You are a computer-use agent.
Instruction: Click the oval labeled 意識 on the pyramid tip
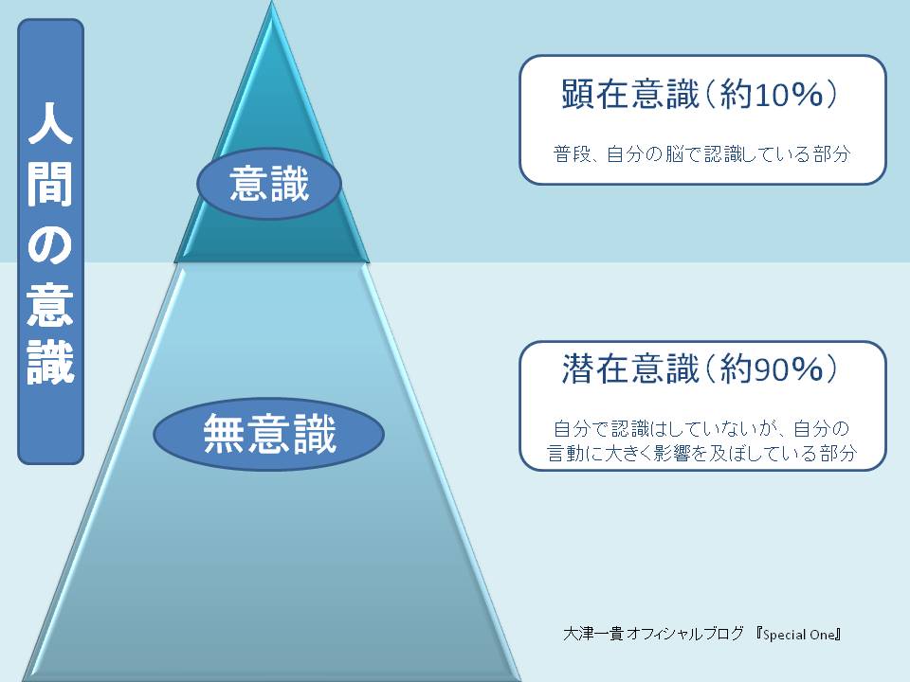[268, 183]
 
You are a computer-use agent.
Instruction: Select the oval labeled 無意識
[268, 434]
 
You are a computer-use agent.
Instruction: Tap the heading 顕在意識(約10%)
[700, 94]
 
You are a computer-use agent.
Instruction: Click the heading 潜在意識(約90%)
[700, 368]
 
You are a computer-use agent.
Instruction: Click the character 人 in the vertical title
[50, 122]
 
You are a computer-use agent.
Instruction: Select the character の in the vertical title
[50, 244]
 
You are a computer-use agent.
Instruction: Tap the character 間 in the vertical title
[50, 183]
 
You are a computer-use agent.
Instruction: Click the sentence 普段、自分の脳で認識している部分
[701, 154]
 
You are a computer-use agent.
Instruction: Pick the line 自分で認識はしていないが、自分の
[701, 428]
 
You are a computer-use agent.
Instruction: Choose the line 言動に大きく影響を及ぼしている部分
[701, 453]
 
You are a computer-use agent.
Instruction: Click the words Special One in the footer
[798, 635]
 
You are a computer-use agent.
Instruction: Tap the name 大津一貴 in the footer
[593, 634]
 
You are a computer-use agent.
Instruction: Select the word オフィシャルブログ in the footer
[684, 634]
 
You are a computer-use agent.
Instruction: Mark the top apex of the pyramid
[272, 2]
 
